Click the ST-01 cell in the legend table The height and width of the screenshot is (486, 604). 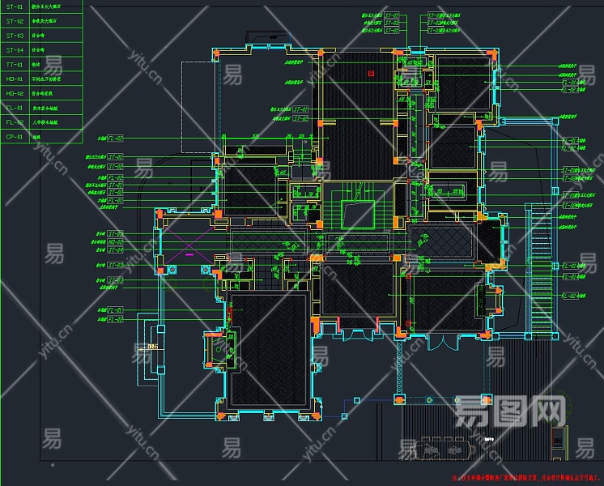point(15,6)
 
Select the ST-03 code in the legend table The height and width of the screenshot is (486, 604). point(15,36)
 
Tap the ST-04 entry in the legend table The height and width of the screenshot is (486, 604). point(15,50)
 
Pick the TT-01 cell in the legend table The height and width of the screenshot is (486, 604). point(15,65)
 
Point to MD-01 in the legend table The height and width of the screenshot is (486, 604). point(15,79)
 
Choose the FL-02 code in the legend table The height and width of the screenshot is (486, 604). point(15,122)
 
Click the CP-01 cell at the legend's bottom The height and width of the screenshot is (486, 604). point(15,137)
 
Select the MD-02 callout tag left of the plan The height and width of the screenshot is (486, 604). point(115,281)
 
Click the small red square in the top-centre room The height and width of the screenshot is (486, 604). point(371,73)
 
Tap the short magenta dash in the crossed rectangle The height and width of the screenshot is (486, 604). point(189,254)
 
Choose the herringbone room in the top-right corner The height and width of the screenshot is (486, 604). point(462,82)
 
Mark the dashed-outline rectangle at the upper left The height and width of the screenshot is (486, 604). point(198,105)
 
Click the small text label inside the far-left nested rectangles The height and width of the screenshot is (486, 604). point(152,346)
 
